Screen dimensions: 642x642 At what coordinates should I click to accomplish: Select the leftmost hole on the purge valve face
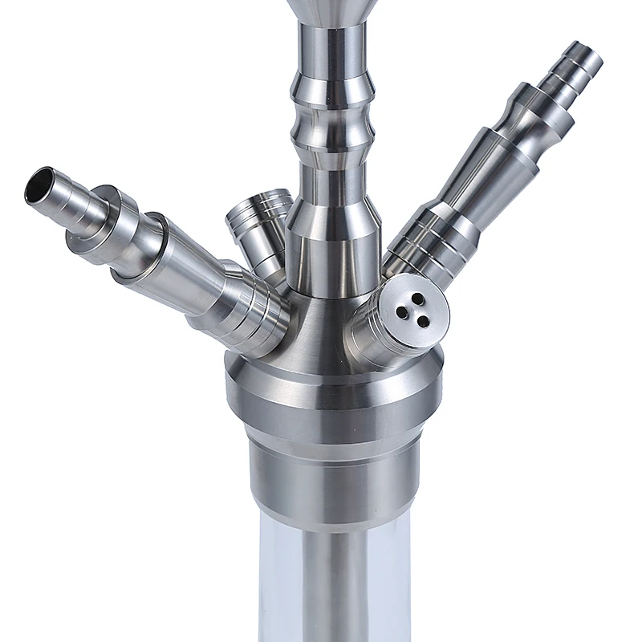point(401,310)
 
